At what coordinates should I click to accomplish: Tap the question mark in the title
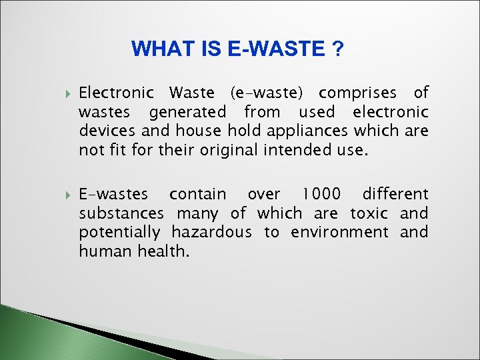[339, 49]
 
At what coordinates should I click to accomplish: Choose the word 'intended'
[295, 149]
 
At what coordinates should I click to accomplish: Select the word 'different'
[395, 195]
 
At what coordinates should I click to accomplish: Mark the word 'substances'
[121, 213]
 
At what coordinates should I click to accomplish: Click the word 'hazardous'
[211, 232]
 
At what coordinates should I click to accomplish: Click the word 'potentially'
[119, 233]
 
